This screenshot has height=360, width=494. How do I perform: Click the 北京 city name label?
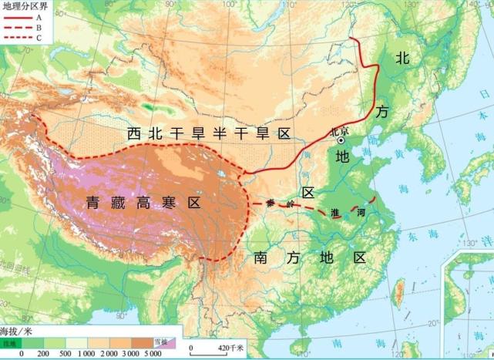(x=338, y=131)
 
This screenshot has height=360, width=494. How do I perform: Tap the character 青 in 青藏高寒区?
(x=94, y=204)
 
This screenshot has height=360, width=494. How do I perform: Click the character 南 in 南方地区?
(x=262, y=257)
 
